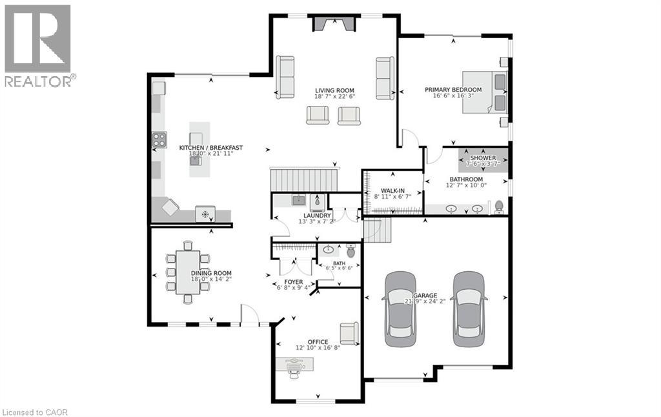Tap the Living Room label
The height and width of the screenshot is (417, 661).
click(334, 90)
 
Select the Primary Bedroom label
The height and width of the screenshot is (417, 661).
click(453, 90)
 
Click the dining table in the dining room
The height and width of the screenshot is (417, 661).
click(188, 272)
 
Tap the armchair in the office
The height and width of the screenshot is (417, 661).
click(349, 332)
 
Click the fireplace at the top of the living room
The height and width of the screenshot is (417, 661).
click(334, 24)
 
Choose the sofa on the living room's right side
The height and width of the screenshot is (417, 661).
click(385, 78)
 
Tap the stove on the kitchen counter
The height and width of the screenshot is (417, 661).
click(159, 140)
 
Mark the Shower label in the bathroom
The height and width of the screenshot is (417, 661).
click(483, 158)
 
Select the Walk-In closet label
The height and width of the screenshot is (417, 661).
click(392, 190)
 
